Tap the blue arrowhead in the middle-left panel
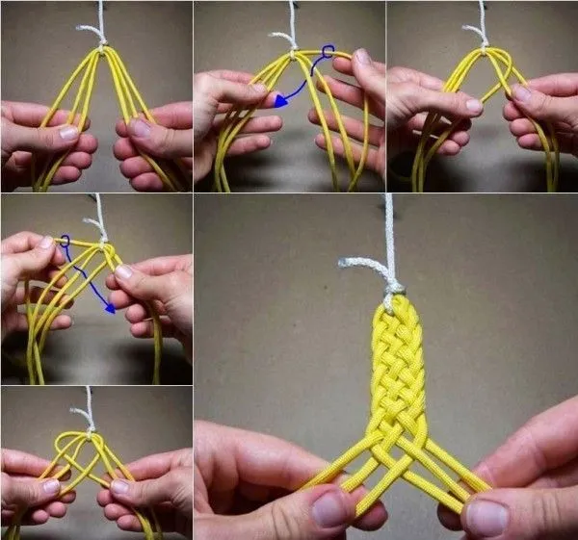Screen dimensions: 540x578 (112, 308)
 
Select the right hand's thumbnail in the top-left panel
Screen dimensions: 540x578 (141, 127)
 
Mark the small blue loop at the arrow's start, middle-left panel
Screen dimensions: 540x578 (65, 241)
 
